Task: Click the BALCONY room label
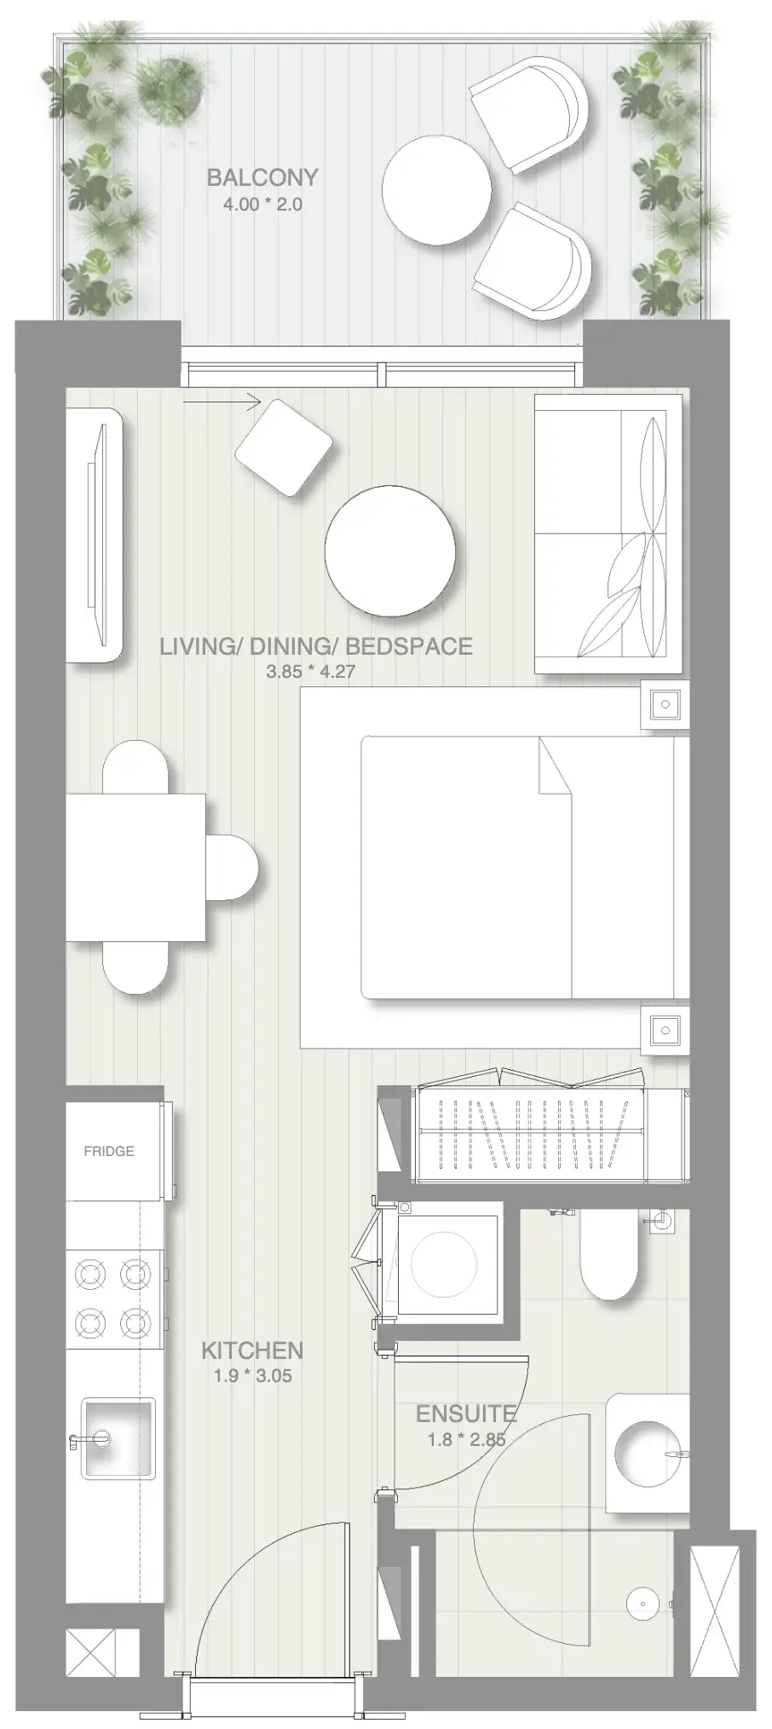(x=262, y=177)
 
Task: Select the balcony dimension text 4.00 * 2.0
(x=262, y=205)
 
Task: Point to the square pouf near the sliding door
(x=284, y=447)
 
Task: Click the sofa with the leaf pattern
(x=608, y=534)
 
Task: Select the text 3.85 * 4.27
(x=310, y=671)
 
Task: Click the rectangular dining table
(x=135, y=866)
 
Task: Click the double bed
(x=522, y=867)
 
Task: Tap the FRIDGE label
(x=109, y=1151)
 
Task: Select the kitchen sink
(x=118, y=1437)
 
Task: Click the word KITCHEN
(x=252, y=1350)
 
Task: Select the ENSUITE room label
(x=466, y=1414)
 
